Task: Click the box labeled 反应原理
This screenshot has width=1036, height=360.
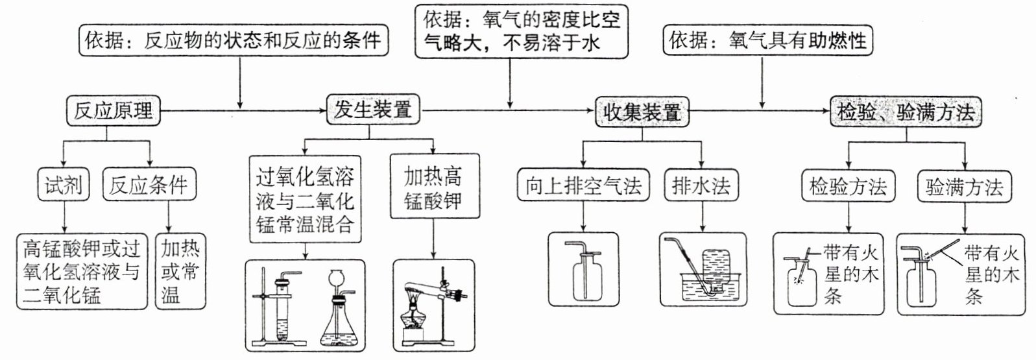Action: (x=113, y=111)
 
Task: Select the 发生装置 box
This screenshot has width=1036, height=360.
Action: (x=372, y=110)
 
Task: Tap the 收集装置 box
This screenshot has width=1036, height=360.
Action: (x=641, y=112)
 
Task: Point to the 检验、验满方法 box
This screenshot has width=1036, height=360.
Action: (x=906, y=112)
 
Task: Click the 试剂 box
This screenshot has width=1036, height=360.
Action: (x=63, y=186)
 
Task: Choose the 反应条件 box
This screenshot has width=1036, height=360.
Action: (x=149, y=186)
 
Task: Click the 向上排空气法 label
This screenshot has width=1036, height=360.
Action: (x=583, y=186)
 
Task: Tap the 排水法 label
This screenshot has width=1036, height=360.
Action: (x=701, y=186)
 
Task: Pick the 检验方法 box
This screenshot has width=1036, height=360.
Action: (x=848, y=187)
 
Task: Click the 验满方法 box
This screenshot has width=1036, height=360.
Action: (x=964, y=187)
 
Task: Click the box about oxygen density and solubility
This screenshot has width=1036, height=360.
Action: (x=522, y=30)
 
